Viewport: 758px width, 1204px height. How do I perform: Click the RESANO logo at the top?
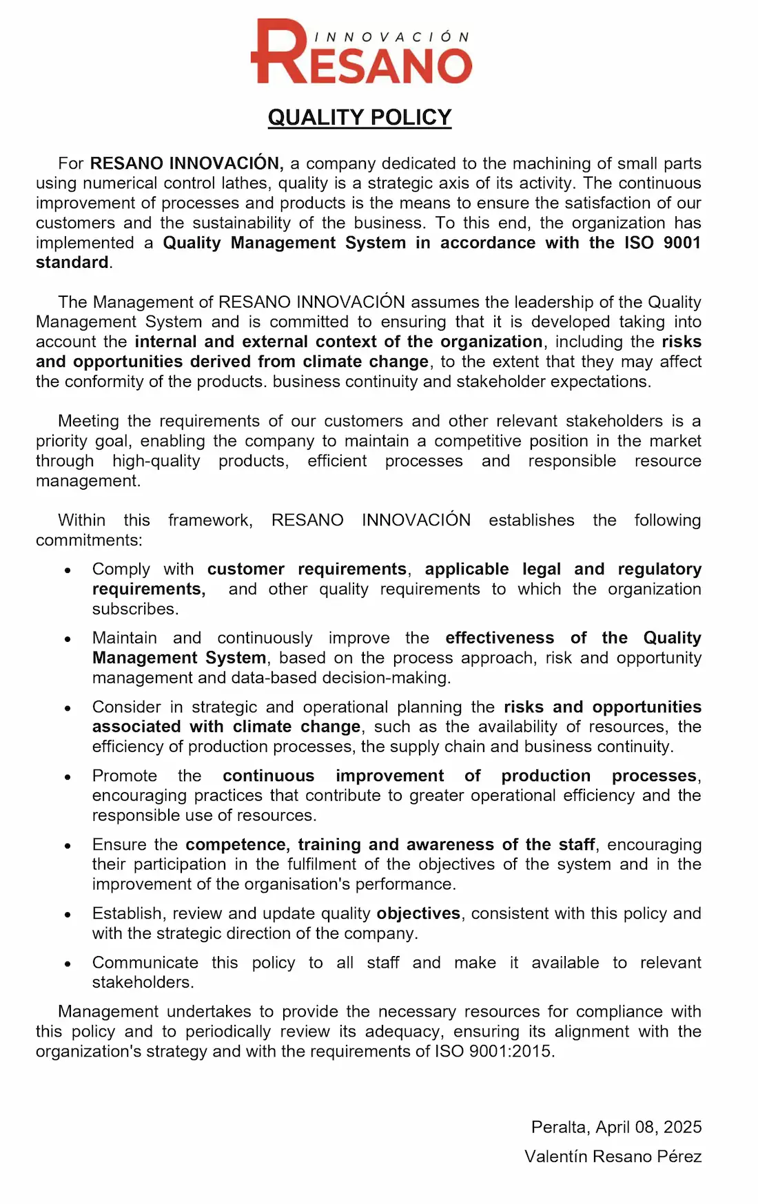pos(361,52)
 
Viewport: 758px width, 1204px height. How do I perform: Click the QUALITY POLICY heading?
pos(360,117)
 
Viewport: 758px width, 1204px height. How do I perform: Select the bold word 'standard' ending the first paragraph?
pos(72,262)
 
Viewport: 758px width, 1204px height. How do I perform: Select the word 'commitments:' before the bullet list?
pos(89,540)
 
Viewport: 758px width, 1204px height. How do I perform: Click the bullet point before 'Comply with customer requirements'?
pos(68,570)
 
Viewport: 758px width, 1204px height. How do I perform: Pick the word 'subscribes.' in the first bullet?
pos(135,609)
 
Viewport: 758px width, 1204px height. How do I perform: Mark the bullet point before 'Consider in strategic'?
pos(68,708)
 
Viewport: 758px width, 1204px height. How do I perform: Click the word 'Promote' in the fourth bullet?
pos(125,776)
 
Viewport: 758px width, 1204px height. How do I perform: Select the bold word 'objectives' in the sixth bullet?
pos(418,913)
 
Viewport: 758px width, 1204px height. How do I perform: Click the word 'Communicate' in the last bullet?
pos(145,962)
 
